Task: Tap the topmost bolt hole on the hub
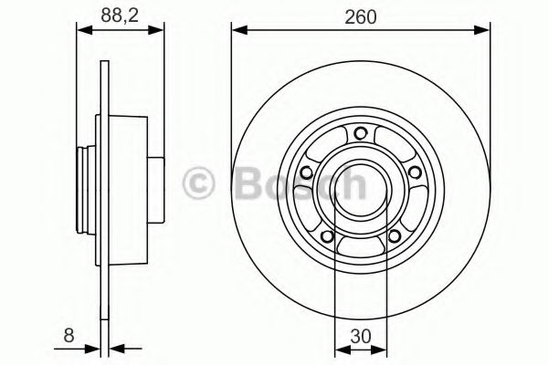click(x=359, y=133)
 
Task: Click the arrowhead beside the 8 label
click(x=96, y=347)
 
